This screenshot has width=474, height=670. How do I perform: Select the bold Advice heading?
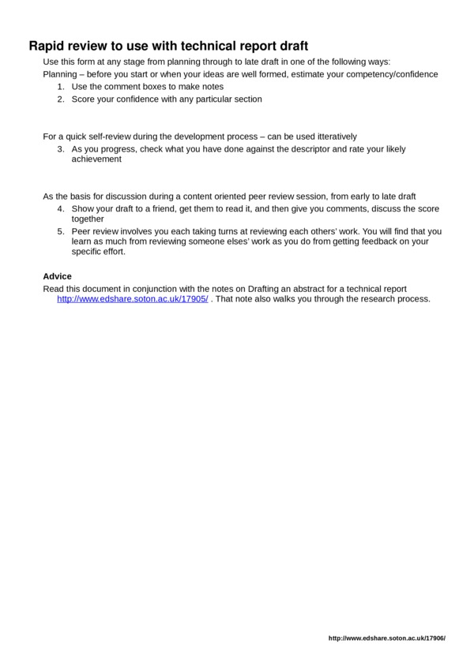(56, 276)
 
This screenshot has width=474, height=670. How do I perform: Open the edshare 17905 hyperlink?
(133, 300)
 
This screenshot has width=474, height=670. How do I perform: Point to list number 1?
(61, 87)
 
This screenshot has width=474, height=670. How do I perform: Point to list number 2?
(61, 99)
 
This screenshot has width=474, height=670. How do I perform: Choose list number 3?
(61, 148)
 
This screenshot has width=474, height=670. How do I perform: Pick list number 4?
(61, 208)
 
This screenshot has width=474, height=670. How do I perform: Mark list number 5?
(61, 232)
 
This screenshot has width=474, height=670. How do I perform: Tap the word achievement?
(96, 159)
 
